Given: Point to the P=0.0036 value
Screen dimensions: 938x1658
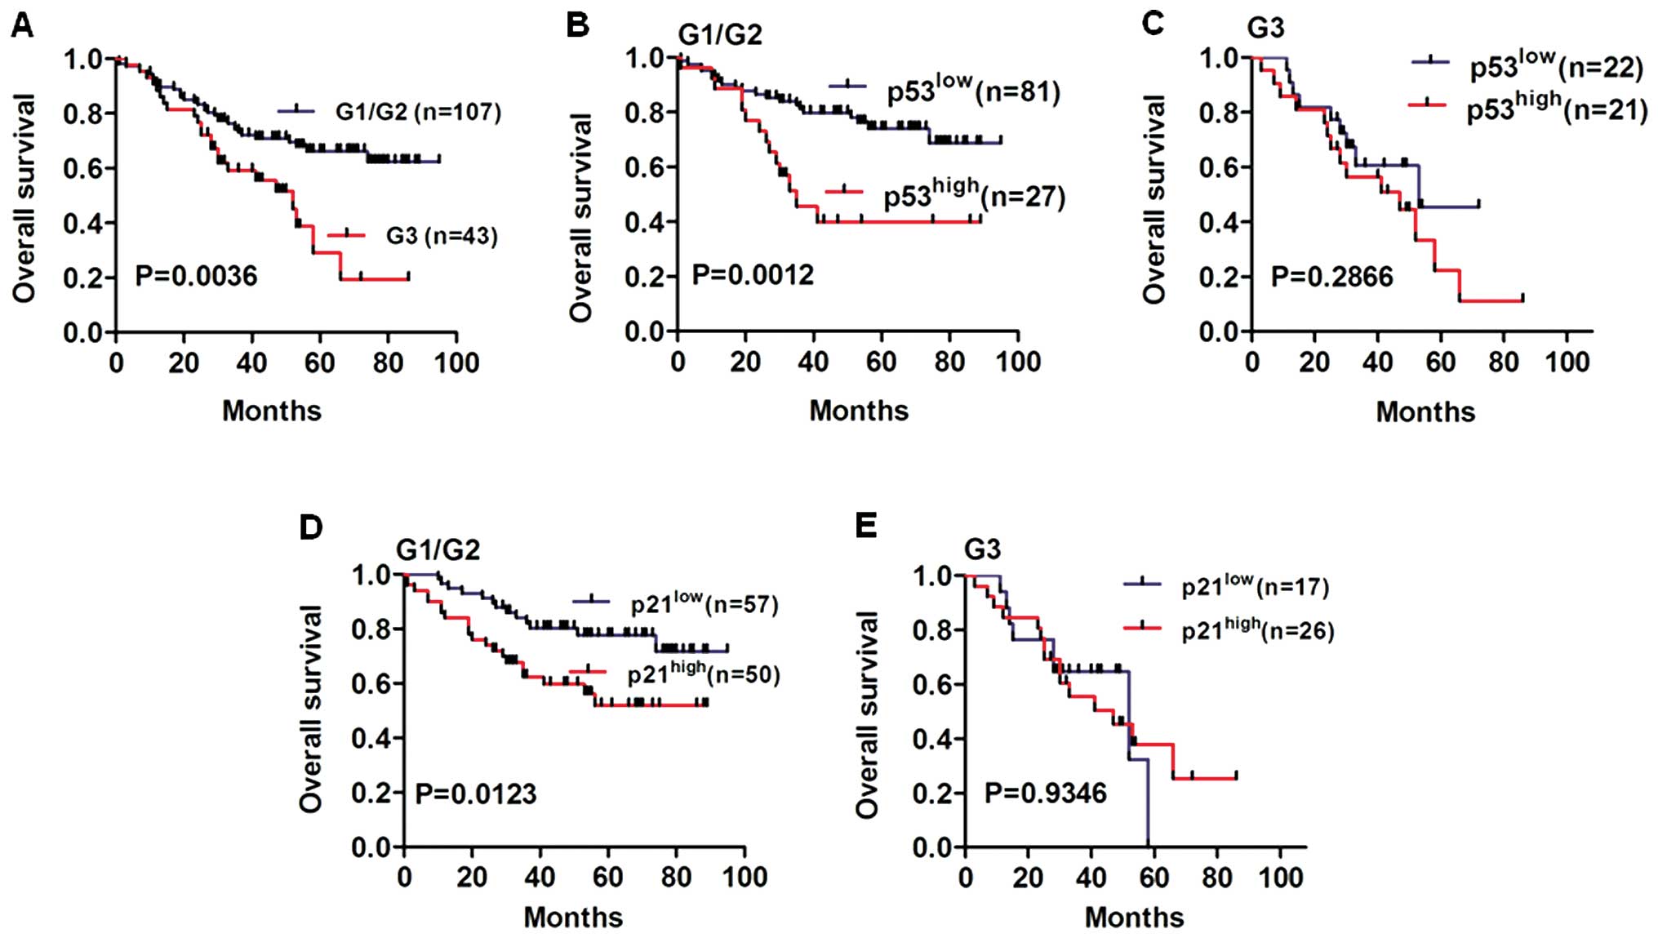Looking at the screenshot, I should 196,276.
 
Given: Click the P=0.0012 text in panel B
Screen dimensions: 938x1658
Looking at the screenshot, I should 753,275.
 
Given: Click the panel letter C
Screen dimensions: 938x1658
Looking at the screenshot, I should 1152,24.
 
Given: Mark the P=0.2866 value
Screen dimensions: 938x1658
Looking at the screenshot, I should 1331,277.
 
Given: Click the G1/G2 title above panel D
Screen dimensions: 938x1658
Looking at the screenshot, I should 438,549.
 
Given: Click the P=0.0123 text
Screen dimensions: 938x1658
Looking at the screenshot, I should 476,793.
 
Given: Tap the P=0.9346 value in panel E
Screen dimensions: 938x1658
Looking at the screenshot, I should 1045,792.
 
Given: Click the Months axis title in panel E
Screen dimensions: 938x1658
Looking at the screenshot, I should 1134,917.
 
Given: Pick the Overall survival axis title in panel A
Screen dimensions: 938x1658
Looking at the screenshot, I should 24,198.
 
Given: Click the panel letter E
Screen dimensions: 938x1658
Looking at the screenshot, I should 865,527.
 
